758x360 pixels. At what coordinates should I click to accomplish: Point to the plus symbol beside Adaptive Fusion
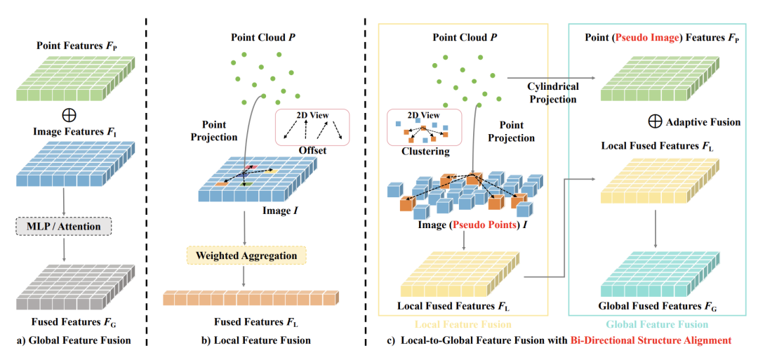(x=655, y=121)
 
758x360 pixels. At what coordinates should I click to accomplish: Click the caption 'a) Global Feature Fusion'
(x=75, y=341)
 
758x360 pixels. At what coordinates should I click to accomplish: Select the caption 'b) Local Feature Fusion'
(x=255, y=341)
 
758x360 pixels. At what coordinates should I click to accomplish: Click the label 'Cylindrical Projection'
(x=554, y=93)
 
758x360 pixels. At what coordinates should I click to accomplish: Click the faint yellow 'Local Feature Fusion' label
(x=463, y=325)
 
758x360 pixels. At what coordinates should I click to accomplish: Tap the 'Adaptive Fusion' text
(x=703, y=122)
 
